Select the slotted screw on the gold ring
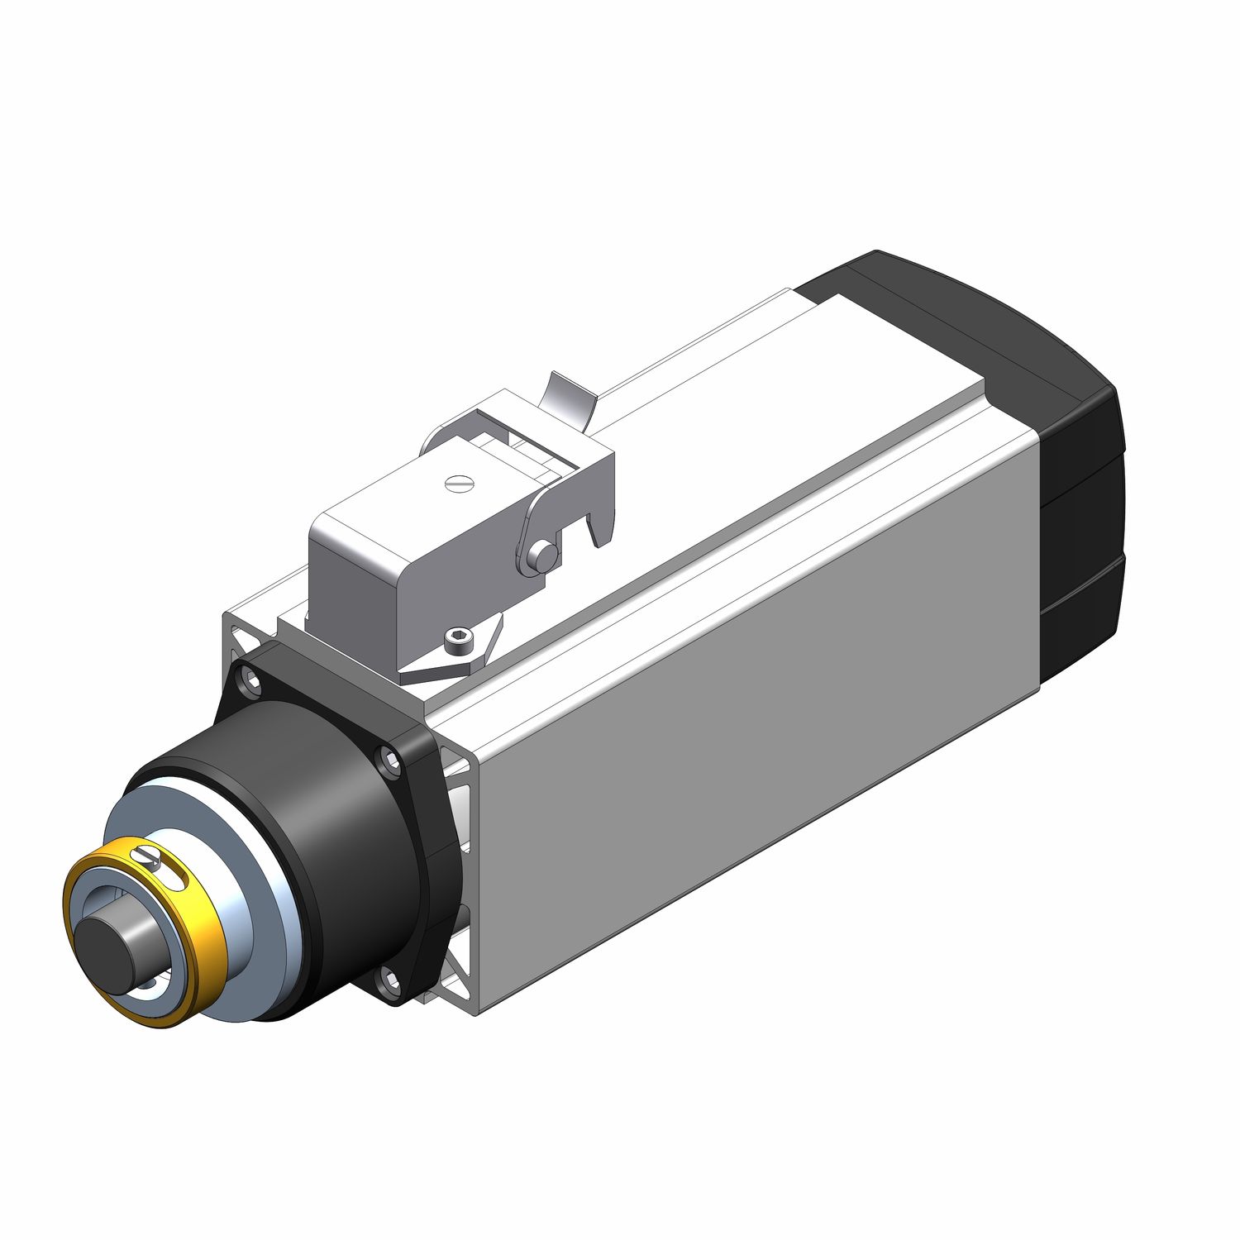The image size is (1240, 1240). pos(146,856)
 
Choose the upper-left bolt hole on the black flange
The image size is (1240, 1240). pos(246,682)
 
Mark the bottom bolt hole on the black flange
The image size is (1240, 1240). pos(386,983)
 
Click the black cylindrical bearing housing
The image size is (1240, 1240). pos(331,827)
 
